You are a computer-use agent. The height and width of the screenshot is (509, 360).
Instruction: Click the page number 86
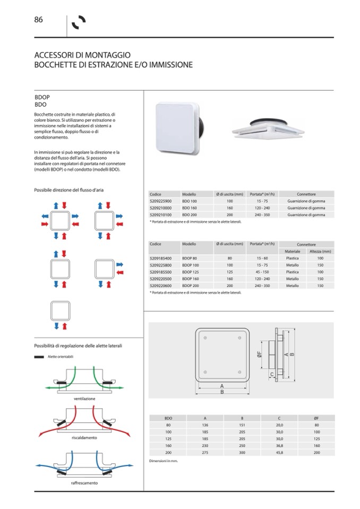point(38,20)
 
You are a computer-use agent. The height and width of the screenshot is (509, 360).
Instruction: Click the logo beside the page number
point(79,23)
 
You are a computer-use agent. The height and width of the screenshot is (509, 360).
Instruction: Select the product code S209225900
point(160,202)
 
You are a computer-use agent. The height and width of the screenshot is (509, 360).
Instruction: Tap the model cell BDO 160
point(190,209)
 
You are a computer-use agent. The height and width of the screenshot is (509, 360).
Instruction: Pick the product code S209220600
point(160,286)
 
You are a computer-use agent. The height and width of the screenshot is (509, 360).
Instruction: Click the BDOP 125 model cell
point(190,272)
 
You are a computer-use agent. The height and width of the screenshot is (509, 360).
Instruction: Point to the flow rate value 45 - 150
point(262,272)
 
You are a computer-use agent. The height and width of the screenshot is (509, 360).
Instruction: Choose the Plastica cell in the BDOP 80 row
point(292,258)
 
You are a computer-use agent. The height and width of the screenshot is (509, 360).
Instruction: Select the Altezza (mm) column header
point(320,251)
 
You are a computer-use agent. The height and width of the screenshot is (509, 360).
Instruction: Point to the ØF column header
point(316,418)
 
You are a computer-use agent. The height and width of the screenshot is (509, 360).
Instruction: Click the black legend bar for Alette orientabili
point(39,357)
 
